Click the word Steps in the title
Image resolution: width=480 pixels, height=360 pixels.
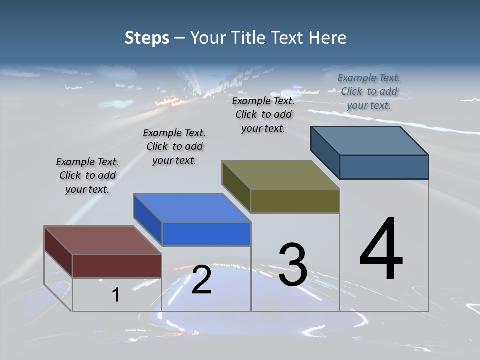pyautogui.click(x=147, y=38)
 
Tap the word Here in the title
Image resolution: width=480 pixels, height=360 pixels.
pyautogui.click(x=327, y=38)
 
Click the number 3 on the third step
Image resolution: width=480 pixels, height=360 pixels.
pyautogui.click(x=293, y=265)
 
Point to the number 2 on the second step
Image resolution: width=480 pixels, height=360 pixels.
pyautogui.click(x=201, y=280)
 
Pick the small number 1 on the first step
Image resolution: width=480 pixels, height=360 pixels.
pyautogui.click(x=115, y=295)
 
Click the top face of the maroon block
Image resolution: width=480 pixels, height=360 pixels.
pyautogui.click(x=103, y=240)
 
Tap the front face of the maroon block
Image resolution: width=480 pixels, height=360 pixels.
pyautogui.click(x=117, y=266)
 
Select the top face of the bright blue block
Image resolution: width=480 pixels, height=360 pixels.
pyautogui.click(x=192, y=208)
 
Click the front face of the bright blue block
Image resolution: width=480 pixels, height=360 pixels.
pyautogui.click(x=206, y=234)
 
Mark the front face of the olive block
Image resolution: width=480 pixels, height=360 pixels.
pyautogui.click(x=295, y=201)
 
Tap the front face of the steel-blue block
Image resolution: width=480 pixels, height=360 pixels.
pyautogui.click(x=384, y=167)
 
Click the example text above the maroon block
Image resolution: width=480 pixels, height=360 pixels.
pyautogui.click(x=87, y=175)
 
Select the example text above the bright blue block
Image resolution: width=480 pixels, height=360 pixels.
pyautogui.click(x=174, y=146)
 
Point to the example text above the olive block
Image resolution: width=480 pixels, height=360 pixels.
pyautogui.click(x=263, y=114)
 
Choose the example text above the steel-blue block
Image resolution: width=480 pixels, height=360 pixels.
pyautogui.click(x=369, y=91)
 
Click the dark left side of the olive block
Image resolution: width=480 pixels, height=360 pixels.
pyautogui.click(x=236, y=186)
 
